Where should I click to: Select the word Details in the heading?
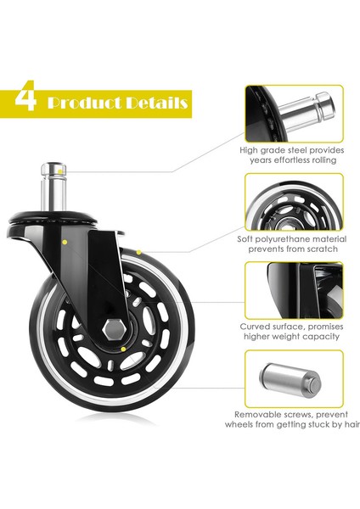pyautogui.click(x=154, y=103)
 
